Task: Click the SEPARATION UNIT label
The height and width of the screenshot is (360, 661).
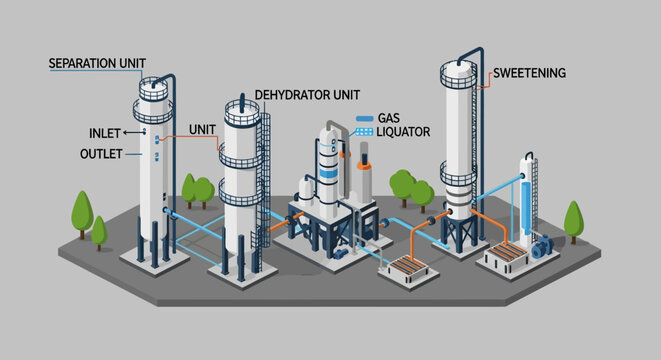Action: point(97,64)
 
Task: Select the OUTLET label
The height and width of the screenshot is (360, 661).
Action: point(101,154)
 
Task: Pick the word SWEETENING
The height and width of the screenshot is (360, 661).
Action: point(530,73)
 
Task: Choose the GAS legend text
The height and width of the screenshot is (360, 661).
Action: point(388,118)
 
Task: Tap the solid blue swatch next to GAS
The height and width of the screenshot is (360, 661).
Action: point(364,118)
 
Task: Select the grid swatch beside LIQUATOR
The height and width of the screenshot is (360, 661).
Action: point(364,131)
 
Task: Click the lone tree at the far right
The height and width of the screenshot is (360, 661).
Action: point(574,221)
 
